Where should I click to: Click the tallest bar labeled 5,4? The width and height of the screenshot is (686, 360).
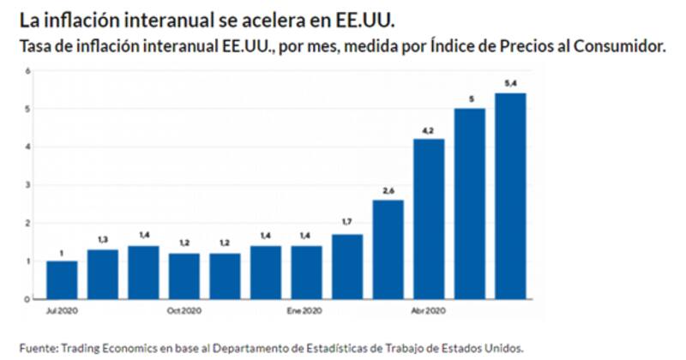511,196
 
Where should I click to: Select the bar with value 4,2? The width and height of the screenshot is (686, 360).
430,219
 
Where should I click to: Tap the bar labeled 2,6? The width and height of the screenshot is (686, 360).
388,249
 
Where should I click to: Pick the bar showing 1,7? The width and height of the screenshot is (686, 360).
347,267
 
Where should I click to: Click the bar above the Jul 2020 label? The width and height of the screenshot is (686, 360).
62,280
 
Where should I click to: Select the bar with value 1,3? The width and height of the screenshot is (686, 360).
103,274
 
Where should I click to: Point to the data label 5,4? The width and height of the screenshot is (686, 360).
511,82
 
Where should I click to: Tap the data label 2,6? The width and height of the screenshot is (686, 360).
388,189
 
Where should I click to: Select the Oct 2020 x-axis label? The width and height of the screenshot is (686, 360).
184,309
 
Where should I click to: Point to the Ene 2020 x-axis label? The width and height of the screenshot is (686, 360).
307,309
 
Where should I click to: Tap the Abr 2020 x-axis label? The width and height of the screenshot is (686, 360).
429,309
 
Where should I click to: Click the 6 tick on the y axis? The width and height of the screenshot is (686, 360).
28,71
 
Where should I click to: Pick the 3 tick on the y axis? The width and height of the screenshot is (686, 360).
28,185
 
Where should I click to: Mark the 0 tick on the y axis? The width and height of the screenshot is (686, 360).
28,299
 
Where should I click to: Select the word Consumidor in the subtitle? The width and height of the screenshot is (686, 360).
619,45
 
